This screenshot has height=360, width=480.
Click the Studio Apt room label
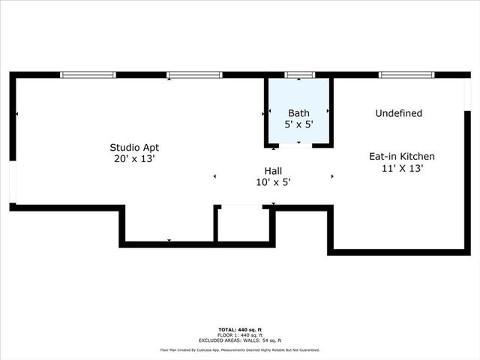click(134, 147)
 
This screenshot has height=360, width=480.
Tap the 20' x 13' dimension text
click(134, 159)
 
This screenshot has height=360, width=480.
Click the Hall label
click(273, 170)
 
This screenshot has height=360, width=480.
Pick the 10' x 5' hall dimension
click(273, 182)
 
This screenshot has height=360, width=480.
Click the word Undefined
click(398, 113)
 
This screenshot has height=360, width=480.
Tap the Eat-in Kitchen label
click(401, 157)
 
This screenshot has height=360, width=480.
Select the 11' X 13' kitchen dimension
click(402, 169)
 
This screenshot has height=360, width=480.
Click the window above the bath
click(299, 75)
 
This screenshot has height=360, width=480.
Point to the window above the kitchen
click(406, 75)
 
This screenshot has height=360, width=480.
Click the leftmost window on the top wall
click(88, 75)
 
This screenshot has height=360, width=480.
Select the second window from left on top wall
click(194, 75)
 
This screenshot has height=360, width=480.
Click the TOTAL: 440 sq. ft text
click(240, 329)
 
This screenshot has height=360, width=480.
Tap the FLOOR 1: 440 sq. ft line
click(240, 334)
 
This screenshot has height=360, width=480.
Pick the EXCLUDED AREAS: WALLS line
click(240, 340)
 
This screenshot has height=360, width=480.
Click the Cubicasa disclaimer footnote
click(240, 349)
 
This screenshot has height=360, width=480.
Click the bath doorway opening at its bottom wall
click(295, 145)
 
